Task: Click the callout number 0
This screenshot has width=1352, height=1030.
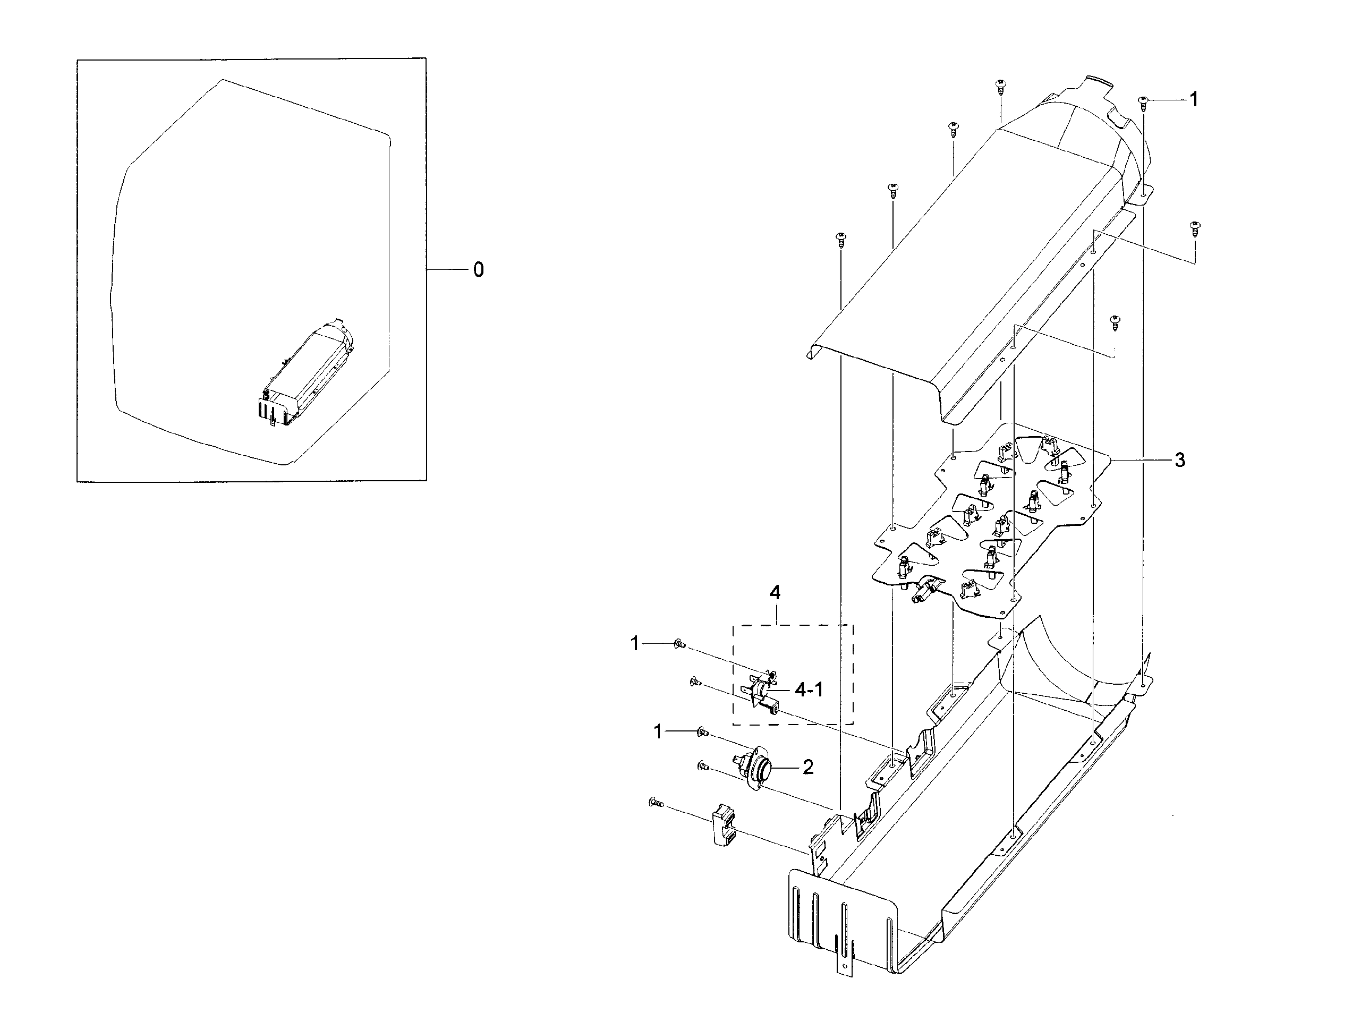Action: coord(478,270)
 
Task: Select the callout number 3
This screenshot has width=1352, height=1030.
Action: coord(1180,460)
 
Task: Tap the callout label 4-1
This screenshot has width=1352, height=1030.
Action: coord(809,689)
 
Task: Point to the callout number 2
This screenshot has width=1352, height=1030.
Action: coord(808,767)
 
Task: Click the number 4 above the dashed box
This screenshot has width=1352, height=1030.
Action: coord(775,592)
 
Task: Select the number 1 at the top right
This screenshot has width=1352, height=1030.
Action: coord(1193,99)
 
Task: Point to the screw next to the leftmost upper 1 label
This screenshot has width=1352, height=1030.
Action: coord(679,644)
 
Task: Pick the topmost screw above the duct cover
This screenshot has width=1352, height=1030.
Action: coord(1001,86)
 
